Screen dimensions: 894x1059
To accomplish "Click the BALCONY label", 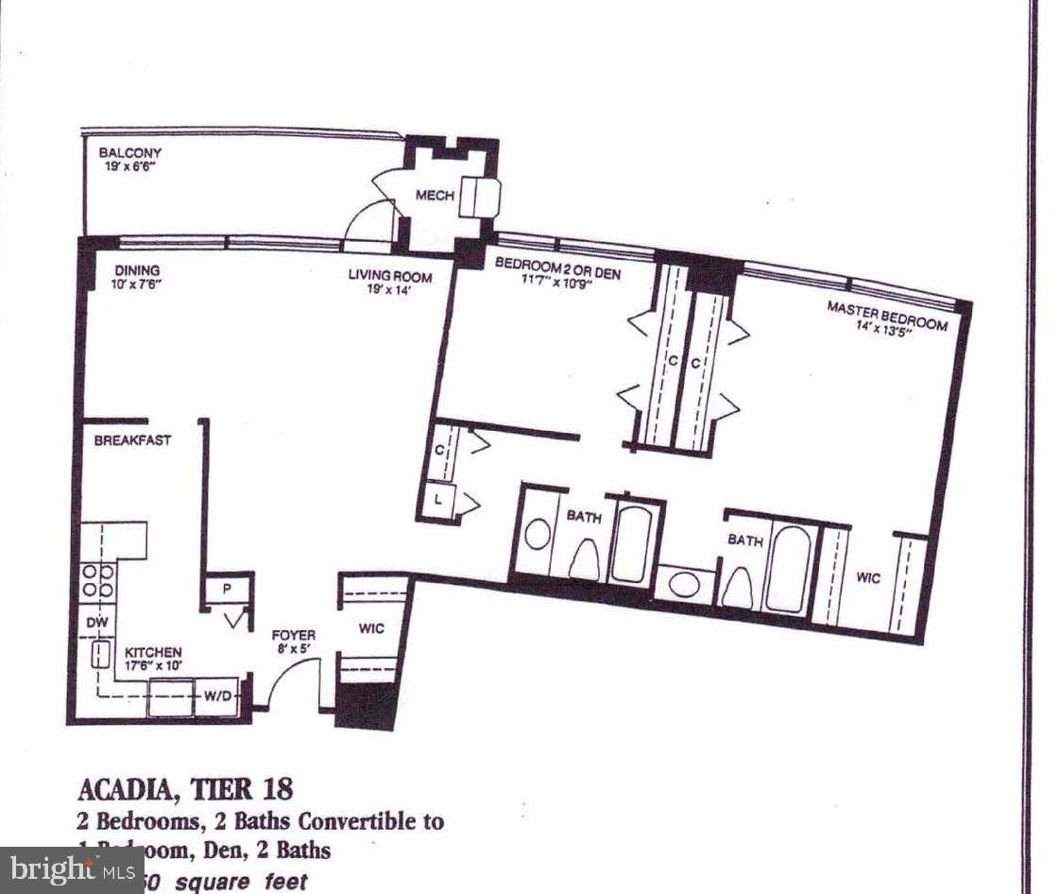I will (x=130, y=152).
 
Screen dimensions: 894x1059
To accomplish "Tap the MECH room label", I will (x=436, y=196).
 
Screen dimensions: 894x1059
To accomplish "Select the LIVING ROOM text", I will (x=390, y=277).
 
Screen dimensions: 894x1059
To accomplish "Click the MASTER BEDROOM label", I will (x=887, y=316).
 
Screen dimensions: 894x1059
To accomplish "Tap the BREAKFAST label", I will (x=131, y=440).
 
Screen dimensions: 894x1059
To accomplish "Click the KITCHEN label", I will (x=153, y=652).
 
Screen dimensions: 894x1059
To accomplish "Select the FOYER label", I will (x=294, y=635).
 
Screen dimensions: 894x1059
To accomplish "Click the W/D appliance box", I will (x=216, y=697).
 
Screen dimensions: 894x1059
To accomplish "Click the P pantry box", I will (x=228, y=588).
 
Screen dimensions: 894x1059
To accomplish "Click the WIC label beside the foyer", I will (x=372, y=628).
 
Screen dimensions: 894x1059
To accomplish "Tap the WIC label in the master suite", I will (x=868, y=576).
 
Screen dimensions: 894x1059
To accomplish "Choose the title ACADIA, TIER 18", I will (x=185, y=787).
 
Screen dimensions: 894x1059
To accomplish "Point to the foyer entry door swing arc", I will (x=288, y=676).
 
